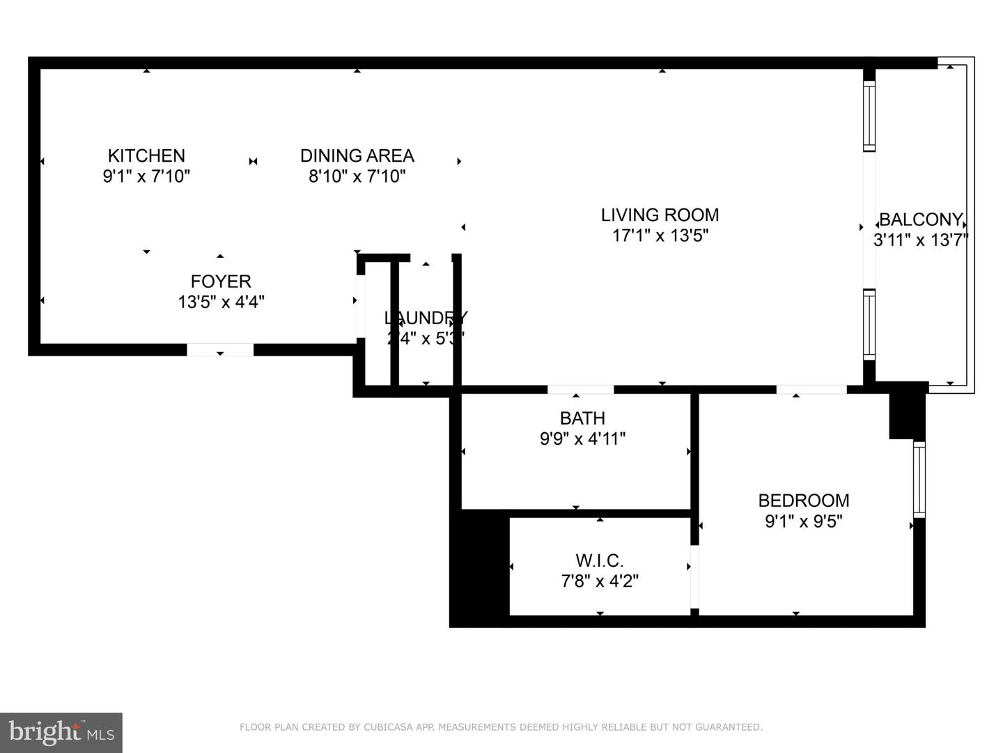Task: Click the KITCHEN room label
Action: click(x=146, y=155)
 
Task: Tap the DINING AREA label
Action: click(x=357, y=155)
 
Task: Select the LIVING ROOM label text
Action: click(x=660, y=215)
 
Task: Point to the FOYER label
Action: click(x=221, y=282)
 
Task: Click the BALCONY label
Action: click(x=921, y=220)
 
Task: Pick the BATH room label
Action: click(x=582, y=418)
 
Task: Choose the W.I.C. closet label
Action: click(x=600, y=561)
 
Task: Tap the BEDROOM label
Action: click(x=803, y=501)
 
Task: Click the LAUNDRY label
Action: click(x=426, y=318)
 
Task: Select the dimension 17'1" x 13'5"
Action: click(x=660, y=236)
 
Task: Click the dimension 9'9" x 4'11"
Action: click(x=582, y=439)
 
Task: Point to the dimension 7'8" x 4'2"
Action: click(x=600, y=581)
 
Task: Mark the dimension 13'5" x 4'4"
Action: click(x=221, y=302)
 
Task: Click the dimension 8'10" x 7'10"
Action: click(x=357, y=176)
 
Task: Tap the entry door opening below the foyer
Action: click(x=220, y=349)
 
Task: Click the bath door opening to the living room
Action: click(x=580, y=389)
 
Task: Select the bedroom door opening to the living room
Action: click(x=811, y=389)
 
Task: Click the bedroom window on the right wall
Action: click(x=919, y=479)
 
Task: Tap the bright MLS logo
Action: click(x=61, y=732)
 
